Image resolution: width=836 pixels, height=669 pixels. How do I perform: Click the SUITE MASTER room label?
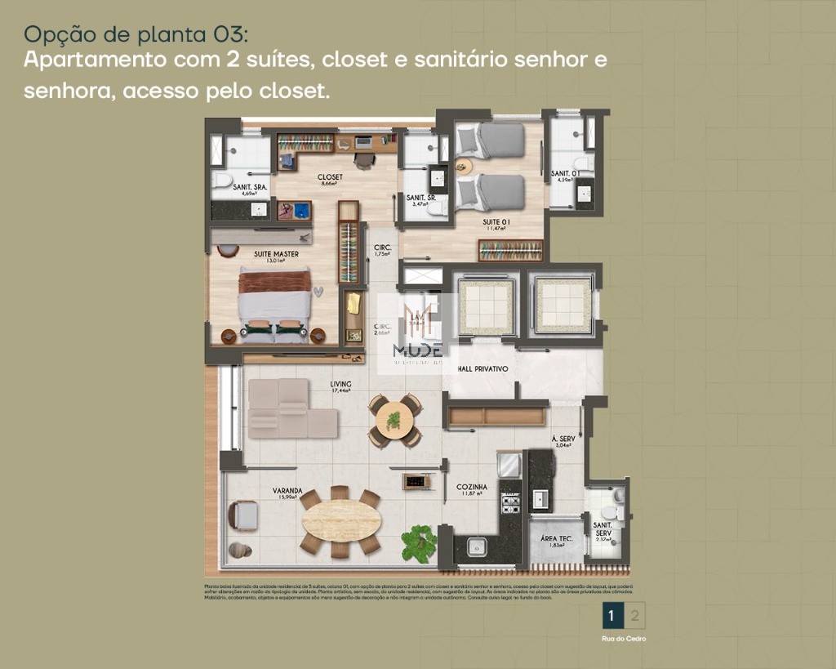click(x=276, y=254)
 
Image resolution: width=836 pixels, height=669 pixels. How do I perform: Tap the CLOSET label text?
click(x=330, y=176)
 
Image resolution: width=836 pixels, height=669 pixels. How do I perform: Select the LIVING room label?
click(x=340, y=383)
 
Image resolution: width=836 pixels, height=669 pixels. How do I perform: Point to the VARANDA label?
click(x=287, y=491)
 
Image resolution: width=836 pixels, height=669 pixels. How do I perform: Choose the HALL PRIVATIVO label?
click(x=482, y=369)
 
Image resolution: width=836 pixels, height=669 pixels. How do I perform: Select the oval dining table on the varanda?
click(x=341, y=520)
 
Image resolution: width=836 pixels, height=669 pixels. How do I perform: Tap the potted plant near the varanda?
click(x=419, y=542)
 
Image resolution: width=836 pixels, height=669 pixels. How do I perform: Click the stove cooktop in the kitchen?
click(x=510, y=503)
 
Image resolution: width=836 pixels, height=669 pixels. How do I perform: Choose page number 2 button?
click(x=634, y=615)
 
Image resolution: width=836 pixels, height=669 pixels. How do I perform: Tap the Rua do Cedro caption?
click(x=624, y=639)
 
